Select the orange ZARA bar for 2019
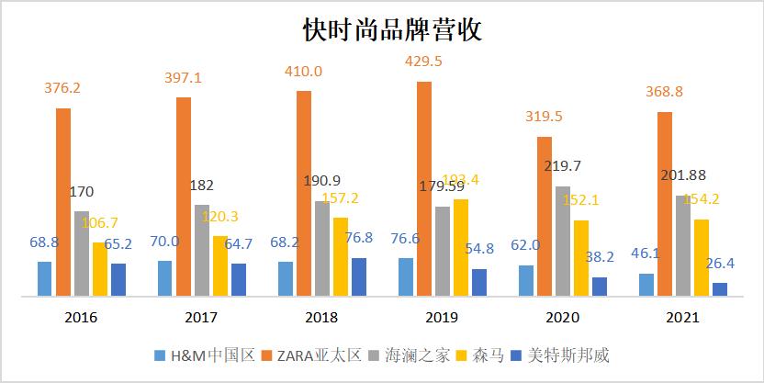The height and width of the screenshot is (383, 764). [423, 188]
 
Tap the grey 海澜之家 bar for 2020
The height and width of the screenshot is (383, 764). [562, 241]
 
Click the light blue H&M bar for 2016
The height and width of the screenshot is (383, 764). [44, 278]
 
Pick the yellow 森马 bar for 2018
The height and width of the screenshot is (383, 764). [340, 256]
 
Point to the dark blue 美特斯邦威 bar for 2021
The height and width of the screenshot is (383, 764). [719, 289]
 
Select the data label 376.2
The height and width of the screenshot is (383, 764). [63, 88]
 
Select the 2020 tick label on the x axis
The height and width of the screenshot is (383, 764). [562, 318]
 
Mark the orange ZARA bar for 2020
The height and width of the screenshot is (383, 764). [544, 216]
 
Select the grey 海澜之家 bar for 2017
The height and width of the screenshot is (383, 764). [202, 250]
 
